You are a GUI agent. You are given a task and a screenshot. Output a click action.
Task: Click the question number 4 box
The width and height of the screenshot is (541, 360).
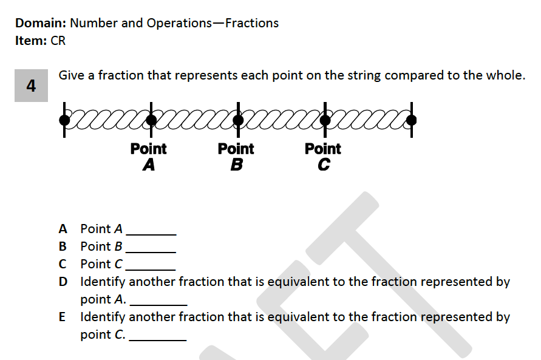click(x=31, y=86)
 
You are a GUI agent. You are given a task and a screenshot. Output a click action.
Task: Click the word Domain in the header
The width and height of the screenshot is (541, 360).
click(x=40, y=23)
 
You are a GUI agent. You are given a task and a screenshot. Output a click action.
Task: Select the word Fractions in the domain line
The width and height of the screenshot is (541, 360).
click(x=251, y=23)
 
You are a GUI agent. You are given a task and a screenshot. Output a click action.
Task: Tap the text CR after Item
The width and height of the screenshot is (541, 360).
click(x=58, y=41)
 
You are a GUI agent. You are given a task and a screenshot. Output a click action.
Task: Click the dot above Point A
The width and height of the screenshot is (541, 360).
click(x=151, y=120)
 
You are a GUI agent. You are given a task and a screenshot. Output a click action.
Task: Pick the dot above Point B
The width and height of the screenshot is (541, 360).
click(x=238, y=120)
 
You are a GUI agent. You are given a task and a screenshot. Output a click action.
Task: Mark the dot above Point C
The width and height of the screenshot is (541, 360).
click(x=325, y=120)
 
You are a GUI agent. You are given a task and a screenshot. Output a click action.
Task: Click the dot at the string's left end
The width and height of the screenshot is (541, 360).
click(x=64, y=120)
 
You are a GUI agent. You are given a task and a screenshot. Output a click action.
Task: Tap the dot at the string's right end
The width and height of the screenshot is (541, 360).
click(x=412, y=120)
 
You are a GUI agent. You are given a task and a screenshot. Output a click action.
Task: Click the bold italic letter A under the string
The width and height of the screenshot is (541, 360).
click(x=149, y=164)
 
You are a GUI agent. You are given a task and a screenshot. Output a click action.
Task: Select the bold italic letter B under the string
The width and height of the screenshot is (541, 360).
click(x=236, y=164)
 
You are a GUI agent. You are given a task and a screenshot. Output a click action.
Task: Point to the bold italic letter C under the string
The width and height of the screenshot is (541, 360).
click(x=324, y=164)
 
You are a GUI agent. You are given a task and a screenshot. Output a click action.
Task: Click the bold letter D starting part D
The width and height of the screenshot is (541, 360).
click(x=63, y=282)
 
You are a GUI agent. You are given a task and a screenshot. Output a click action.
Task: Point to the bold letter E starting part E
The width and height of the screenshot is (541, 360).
click(x=63, y=317)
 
